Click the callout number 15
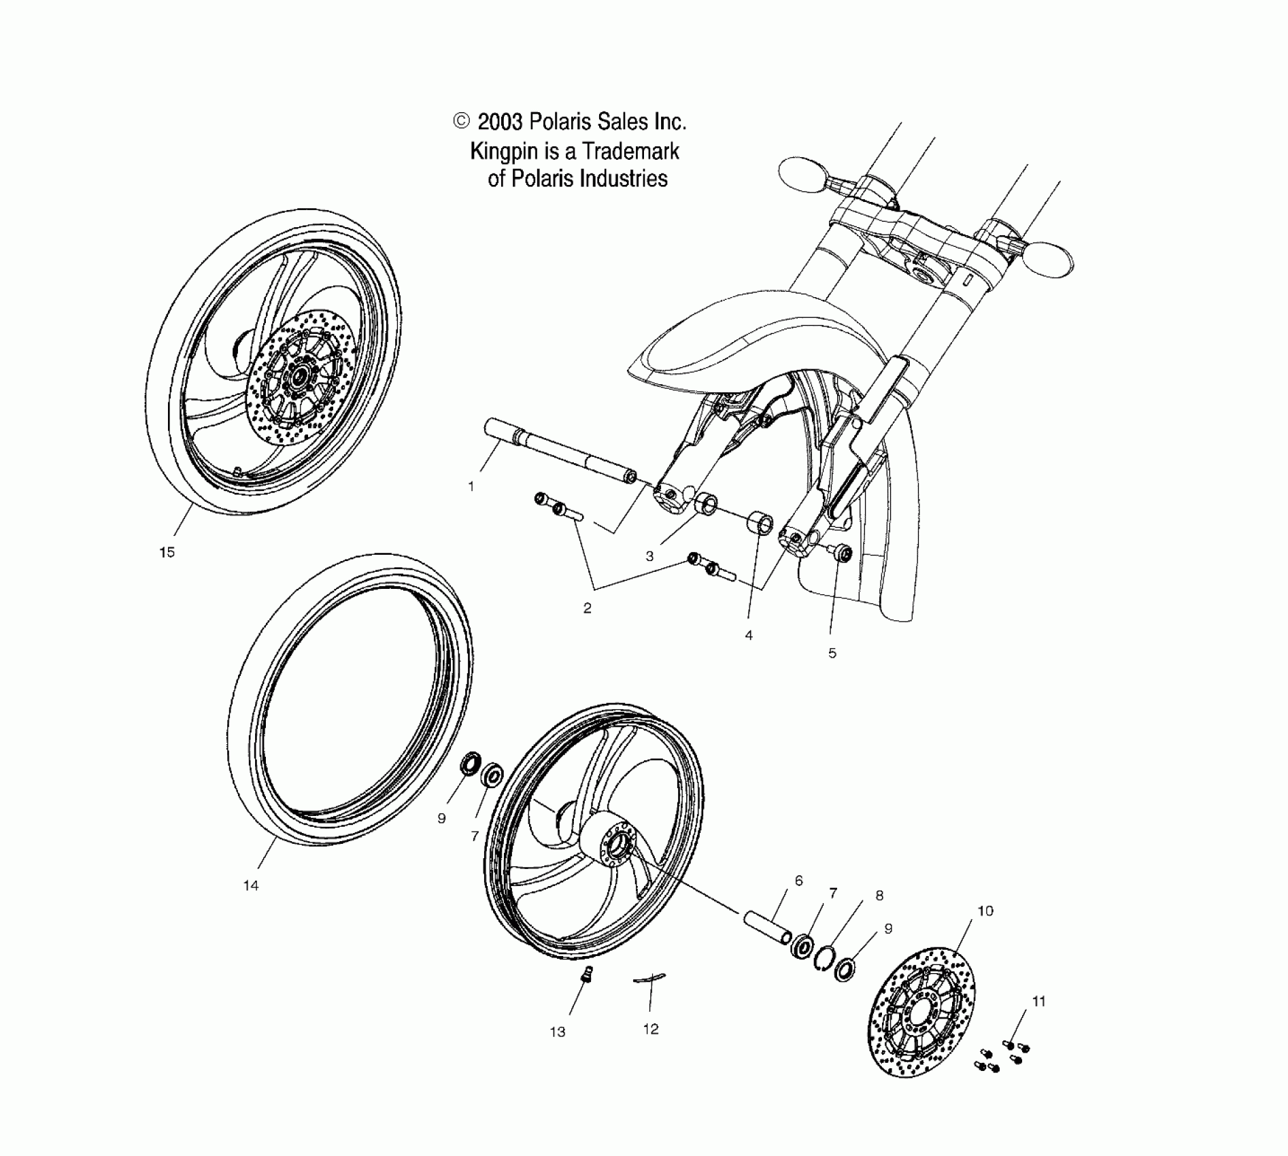(167, 553)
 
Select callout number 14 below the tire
(251, 885)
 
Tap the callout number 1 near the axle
(471, 487)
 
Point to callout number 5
(832, 653)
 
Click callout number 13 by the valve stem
(558, 1032)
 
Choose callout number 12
(651, 1030)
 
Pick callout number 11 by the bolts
(1038, 1002)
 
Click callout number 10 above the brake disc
(985, 911)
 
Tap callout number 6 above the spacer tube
(798, 881)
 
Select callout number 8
(879, 896)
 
